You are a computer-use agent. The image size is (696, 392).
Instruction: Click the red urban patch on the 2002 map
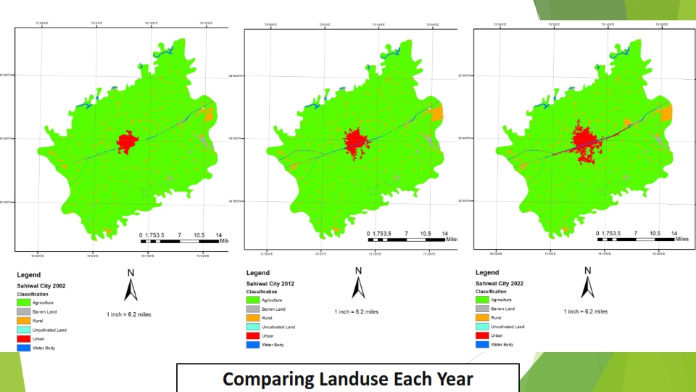128,142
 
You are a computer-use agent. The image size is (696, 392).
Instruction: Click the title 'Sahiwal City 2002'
41,286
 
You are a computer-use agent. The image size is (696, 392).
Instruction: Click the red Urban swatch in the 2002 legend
24,339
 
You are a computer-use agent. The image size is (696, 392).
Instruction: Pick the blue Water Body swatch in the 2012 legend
253,344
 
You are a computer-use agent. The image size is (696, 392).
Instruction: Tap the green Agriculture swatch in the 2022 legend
482,300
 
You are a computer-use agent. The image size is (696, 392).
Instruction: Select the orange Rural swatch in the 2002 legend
24,321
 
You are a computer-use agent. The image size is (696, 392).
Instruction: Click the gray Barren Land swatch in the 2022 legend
482,309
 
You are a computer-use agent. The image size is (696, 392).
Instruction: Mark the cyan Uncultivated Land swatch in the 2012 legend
253,327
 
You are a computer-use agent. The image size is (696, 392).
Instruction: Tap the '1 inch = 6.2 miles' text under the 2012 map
356,312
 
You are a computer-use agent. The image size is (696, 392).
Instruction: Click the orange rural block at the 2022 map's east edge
667,112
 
